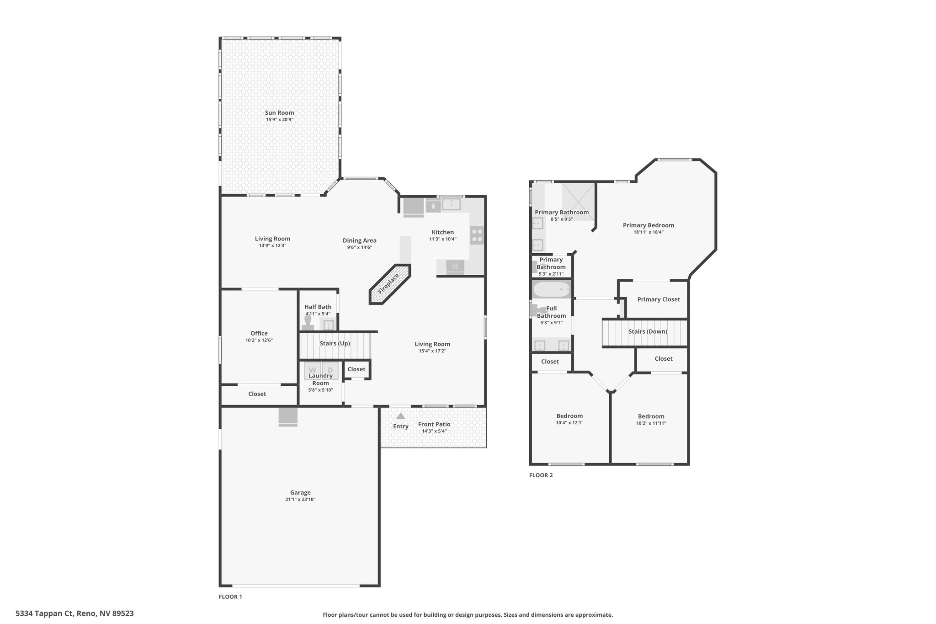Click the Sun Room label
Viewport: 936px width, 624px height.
280,113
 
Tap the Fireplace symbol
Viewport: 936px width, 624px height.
390,284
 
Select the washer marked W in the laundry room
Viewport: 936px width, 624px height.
313,370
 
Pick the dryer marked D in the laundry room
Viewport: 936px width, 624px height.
330,370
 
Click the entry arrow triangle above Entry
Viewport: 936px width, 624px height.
401,416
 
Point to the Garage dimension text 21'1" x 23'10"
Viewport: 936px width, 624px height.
300,500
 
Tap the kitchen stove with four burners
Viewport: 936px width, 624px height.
477,235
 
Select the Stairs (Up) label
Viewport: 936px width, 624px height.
335,343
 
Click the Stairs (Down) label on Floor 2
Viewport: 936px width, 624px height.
648,331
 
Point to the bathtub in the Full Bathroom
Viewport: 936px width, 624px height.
552,289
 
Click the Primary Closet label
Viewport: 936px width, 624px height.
659,299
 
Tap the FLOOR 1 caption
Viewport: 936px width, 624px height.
230,597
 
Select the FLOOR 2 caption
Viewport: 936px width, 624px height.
541,475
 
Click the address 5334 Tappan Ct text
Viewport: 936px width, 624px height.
45,613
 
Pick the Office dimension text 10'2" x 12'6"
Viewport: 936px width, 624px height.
259,340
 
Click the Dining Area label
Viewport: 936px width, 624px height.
360,240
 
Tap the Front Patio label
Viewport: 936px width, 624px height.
434,424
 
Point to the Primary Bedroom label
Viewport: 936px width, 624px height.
649,225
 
